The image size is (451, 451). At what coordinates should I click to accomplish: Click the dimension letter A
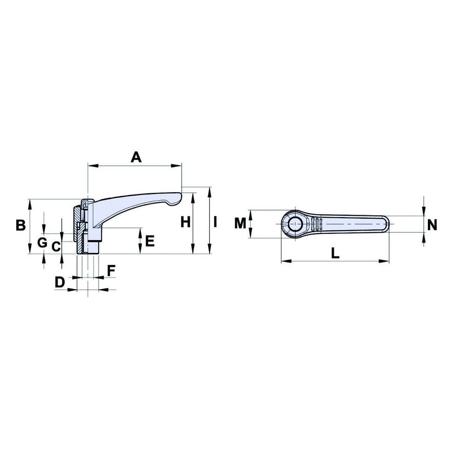136,157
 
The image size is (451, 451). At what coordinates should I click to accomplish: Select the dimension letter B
20,225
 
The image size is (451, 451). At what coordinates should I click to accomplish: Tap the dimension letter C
56,246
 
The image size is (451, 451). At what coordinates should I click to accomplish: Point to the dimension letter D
60,282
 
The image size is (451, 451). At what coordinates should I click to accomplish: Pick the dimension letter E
149,241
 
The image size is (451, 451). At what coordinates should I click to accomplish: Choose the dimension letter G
41,243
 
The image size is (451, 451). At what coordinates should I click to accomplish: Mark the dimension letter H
185,222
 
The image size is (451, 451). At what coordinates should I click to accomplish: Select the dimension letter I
215,222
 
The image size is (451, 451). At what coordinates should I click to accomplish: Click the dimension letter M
241,224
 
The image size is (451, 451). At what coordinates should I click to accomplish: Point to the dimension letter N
432,224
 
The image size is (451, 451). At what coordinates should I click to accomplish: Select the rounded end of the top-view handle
385,224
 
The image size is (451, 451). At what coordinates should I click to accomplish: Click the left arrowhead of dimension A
91,166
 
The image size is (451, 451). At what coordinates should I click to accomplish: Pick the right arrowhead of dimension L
387,261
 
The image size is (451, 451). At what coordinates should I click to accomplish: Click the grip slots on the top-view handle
317,224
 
